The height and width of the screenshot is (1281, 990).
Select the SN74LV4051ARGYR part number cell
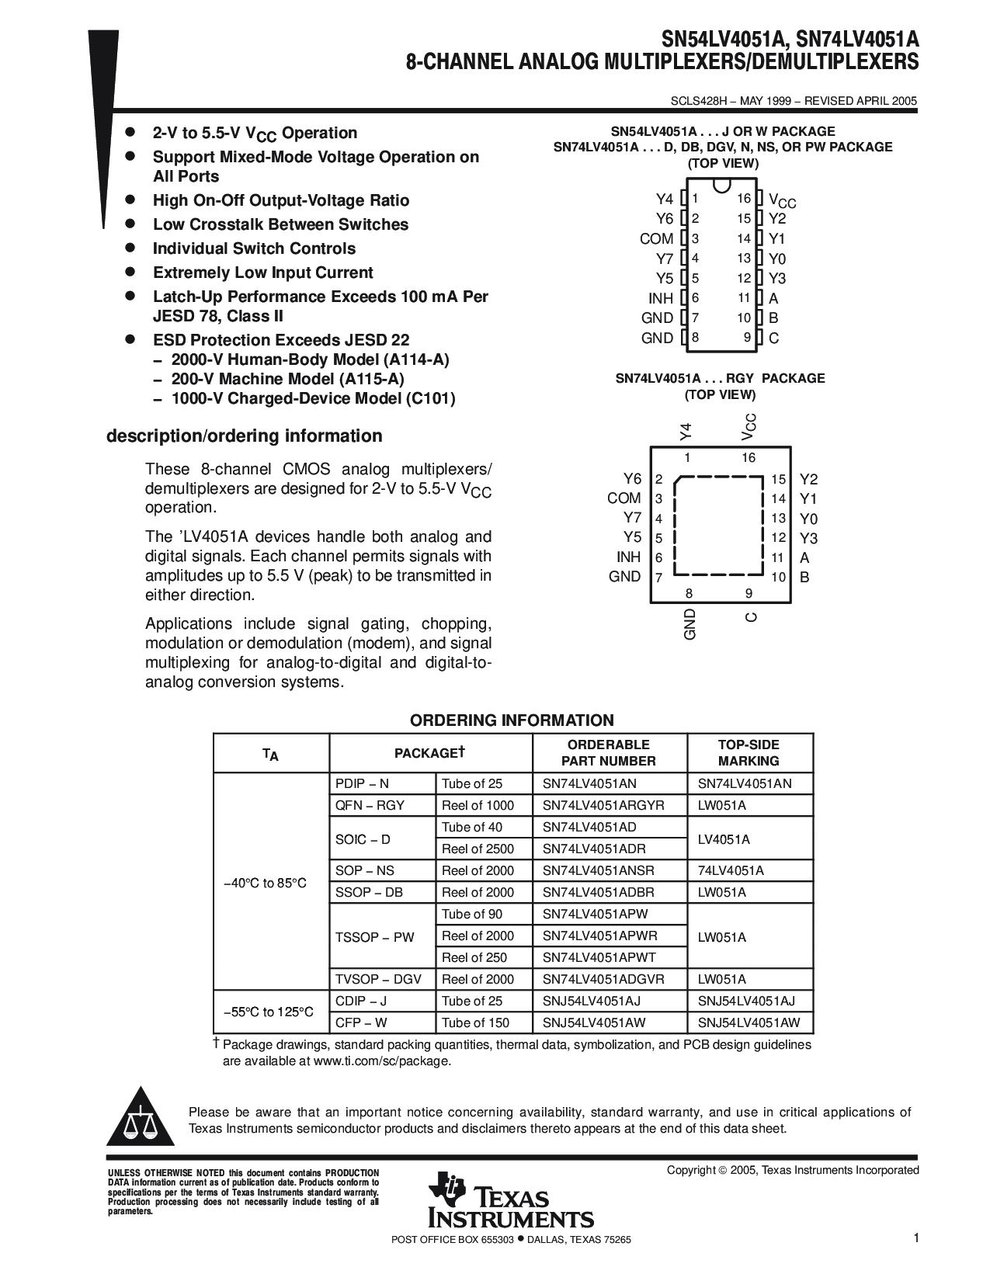coord(603,805)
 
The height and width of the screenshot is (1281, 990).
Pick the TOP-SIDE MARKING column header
coord(749,752)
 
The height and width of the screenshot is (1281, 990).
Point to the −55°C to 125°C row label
coord(269,1012)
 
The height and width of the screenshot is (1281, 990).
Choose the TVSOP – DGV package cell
coord(378,979)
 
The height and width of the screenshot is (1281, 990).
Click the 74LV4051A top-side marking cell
coord(731,870)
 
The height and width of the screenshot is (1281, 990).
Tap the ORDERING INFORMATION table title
coord(512,720)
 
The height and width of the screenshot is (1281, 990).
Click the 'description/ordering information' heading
coord(244,436)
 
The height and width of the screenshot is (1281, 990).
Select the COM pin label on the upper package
coord(656,239)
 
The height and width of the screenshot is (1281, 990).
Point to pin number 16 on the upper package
coord(744,200)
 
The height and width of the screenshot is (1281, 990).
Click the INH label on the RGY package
coord(628,557)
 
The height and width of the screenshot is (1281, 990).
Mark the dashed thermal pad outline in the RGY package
coord(718,526)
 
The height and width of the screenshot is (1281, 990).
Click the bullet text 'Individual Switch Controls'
coord(254,248)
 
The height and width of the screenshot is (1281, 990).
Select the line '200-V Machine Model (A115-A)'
coord(287,379)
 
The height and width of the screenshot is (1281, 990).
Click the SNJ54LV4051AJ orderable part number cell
coord(592,1001)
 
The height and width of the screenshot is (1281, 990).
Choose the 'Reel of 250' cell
coord(474,957)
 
